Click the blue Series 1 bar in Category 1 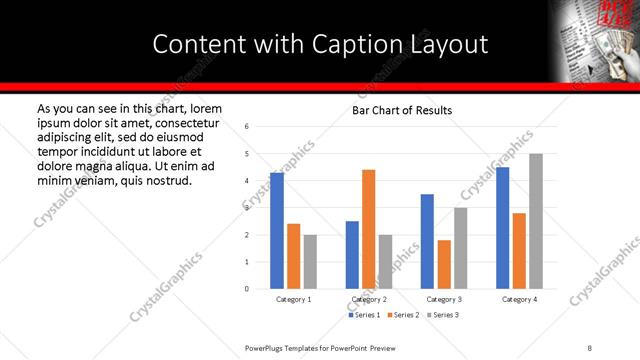point(277,231)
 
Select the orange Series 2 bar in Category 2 point(368,229)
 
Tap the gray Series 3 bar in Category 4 point(536,221)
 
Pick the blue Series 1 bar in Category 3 point(427,241)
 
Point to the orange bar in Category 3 point(444,264)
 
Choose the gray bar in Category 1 point(310,262)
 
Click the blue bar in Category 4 point(503,228)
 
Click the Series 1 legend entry point(364,315)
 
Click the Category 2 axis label point(369,299)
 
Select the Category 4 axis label point(519,299)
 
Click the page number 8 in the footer point(590,347)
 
